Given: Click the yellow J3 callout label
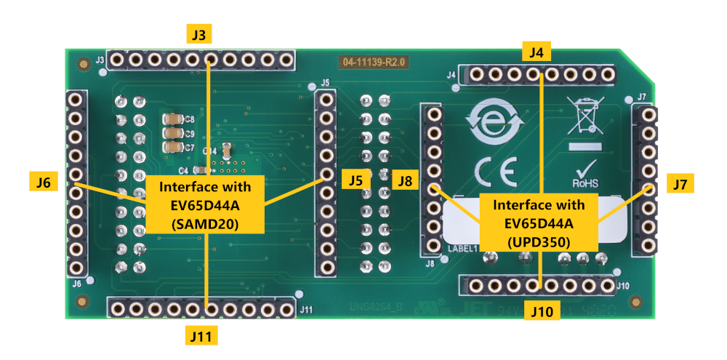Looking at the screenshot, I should tap(198, 34).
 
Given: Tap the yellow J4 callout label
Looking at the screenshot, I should tap(538, 52).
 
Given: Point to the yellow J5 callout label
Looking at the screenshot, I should tap(355, 180).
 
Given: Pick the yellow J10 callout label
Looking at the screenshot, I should tap(542, 312).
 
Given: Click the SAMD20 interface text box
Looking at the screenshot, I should tap(205, 204).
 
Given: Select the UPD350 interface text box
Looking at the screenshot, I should tap(539, 222).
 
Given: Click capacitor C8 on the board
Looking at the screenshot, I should tap(173, 119).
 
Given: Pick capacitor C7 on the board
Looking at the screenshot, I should tap(173, 147).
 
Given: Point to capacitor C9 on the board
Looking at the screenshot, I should tap(173, 133).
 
